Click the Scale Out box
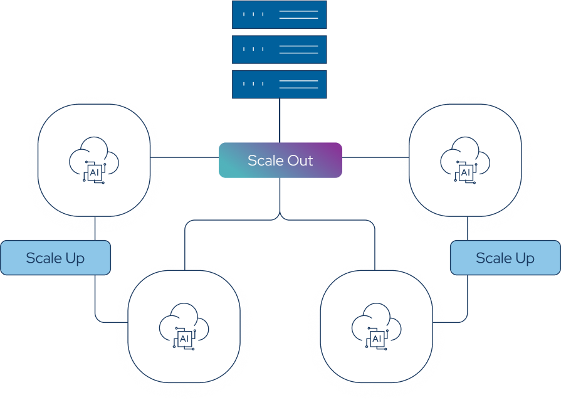point(280,160)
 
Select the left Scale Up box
point(55,258)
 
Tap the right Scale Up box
point(505,258)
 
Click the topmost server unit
point(280,14)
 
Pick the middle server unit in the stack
point(280,50)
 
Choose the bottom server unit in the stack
point(280,84)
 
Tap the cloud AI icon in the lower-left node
point(184,329)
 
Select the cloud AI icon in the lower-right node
point(376,329)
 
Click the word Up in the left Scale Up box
point(75,258)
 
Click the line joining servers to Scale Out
point(280,120)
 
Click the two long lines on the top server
point(298,14)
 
